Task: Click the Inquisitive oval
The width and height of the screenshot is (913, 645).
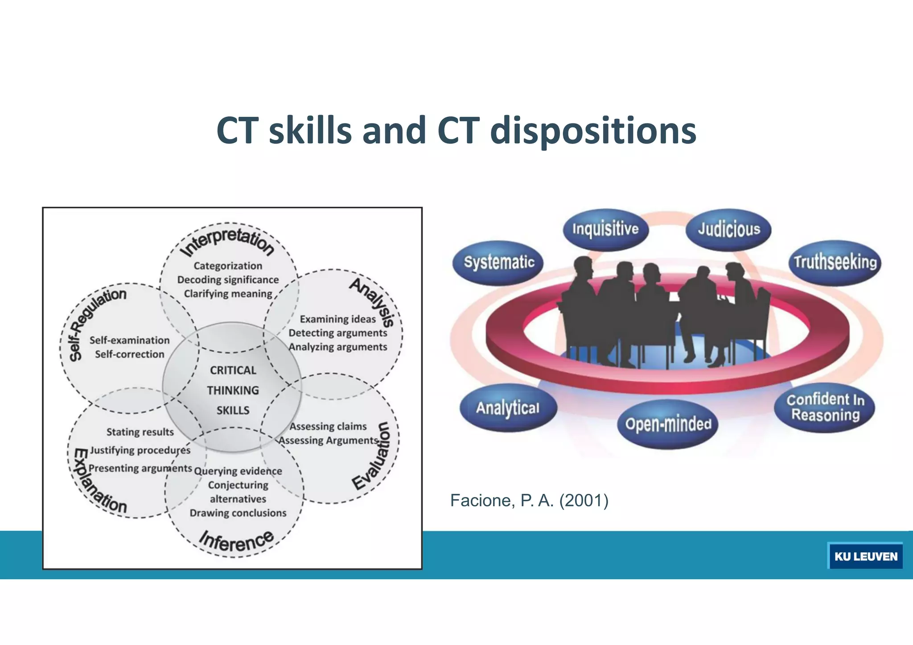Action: pos(605,229)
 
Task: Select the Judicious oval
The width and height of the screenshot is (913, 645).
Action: pos(728,229)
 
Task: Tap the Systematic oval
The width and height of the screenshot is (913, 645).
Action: pos(499,262)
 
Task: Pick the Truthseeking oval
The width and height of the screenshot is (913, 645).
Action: pos(835,262)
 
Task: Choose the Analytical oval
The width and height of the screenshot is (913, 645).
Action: pos(508,407)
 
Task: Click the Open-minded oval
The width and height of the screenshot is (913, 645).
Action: pos(668,424)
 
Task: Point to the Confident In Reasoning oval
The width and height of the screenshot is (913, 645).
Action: pos(825,407)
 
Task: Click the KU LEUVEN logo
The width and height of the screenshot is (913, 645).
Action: pos(865,556)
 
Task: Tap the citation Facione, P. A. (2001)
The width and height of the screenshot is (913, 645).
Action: pos(529,501)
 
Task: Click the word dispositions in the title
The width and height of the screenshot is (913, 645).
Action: pos(593,130)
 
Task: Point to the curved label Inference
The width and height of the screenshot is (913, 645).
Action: pos(236,541)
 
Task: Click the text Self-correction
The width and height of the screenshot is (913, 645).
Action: pos(129,354)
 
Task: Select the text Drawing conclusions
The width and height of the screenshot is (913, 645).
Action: pos(238,513)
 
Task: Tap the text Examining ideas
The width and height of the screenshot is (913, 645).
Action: pos(337,319)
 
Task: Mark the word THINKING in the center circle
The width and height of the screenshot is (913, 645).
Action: pos(233,390)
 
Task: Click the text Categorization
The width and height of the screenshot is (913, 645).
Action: pos(228,266)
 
